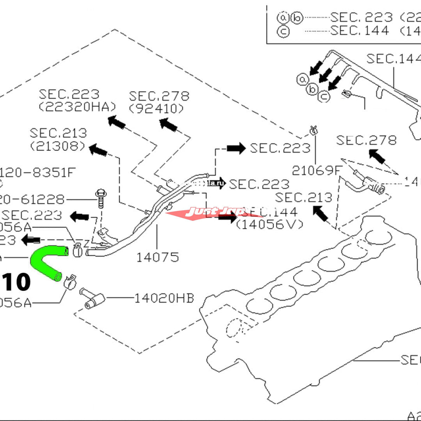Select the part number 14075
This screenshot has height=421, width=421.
click(157, 257)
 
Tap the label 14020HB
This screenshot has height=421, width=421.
click(164, 298)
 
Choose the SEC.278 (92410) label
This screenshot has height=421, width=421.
click(159, 102)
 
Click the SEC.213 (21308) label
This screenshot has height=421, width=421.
click(58, 139)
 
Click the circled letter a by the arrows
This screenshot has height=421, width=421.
click(303, 79)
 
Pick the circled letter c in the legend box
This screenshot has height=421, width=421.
click(283, 32)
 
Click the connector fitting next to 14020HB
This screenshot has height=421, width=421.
click(93, 299)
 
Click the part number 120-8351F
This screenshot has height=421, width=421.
click(37, 172)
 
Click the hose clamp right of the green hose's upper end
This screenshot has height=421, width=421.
click(78, 250)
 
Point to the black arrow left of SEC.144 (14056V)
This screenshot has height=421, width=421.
click(227, 217)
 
